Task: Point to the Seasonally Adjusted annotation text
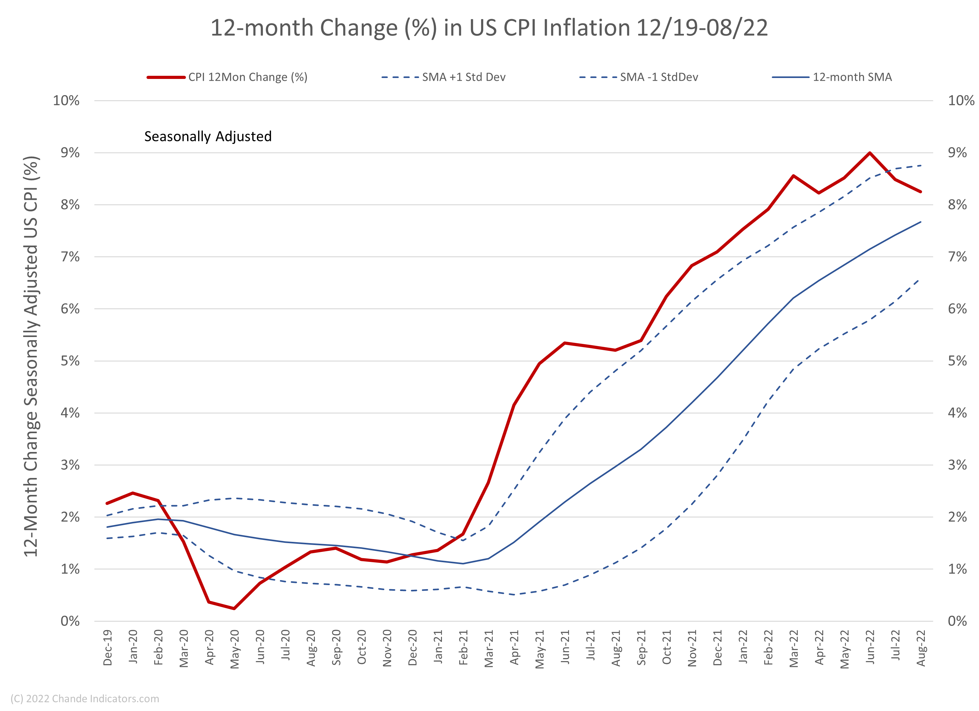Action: click(208, 137)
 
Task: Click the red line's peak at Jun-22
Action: click(870, 153)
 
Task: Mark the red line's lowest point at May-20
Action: click(234, 609)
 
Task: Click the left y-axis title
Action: click(31, 356)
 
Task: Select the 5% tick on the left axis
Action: click(70, 361)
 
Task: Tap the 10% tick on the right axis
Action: click(961, 101)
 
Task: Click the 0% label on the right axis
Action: click(957, 621)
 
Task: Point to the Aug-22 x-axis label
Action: click(921, 648)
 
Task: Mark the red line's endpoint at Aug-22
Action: click(921, 192)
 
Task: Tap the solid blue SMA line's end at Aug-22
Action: click(921, 222)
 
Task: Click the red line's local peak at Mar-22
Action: click(793, 176)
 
